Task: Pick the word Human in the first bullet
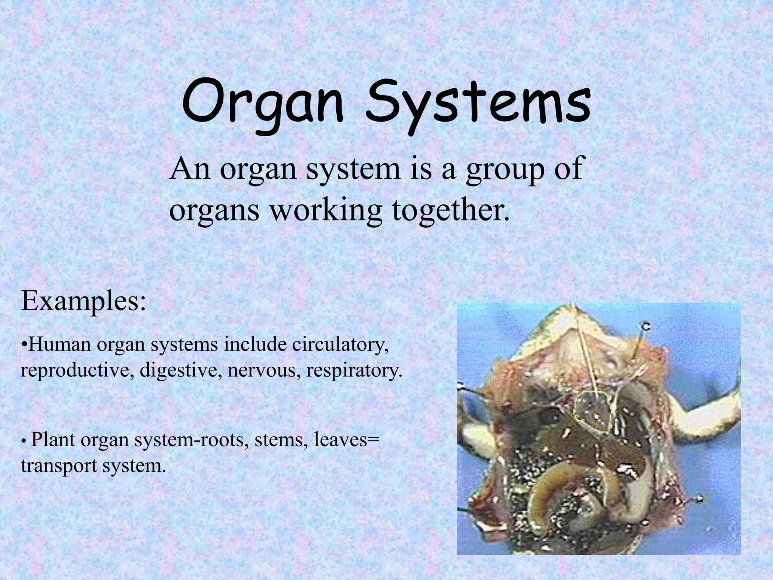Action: pos(60,345)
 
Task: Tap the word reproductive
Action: pos(77,370)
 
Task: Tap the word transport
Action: pos(59,466)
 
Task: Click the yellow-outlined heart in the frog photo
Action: pos(591,415)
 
